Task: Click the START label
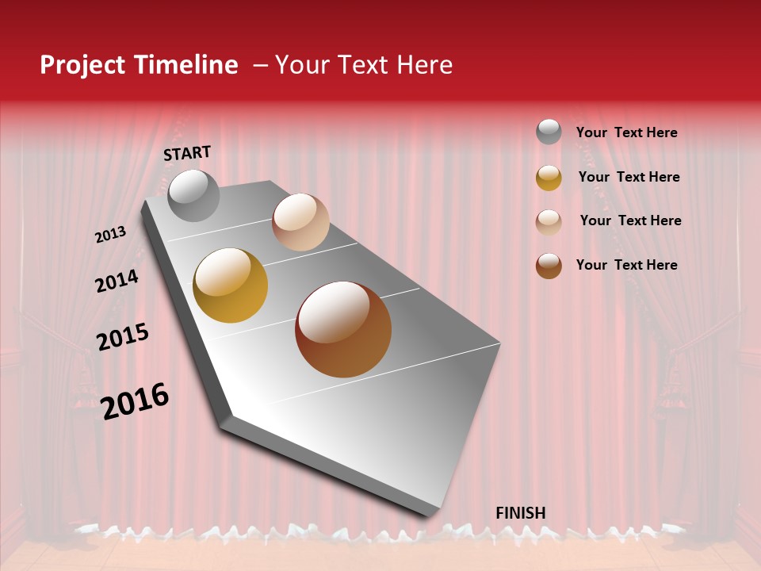187,153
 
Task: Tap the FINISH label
520,513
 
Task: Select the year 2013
110,234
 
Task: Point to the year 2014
117,281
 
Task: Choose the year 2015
122,337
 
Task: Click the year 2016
135,400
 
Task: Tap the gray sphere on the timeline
193,195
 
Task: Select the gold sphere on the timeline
231,285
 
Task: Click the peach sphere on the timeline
300,222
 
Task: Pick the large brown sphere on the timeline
343,329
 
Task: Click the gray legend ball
549,132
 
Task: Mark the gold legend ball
549,178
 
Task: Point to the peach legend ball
549,222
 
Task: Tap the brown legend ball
549,266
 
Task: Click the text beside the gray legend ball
626,133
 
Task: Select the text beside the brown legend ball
626,265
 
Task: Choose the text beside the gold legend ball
629,177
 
